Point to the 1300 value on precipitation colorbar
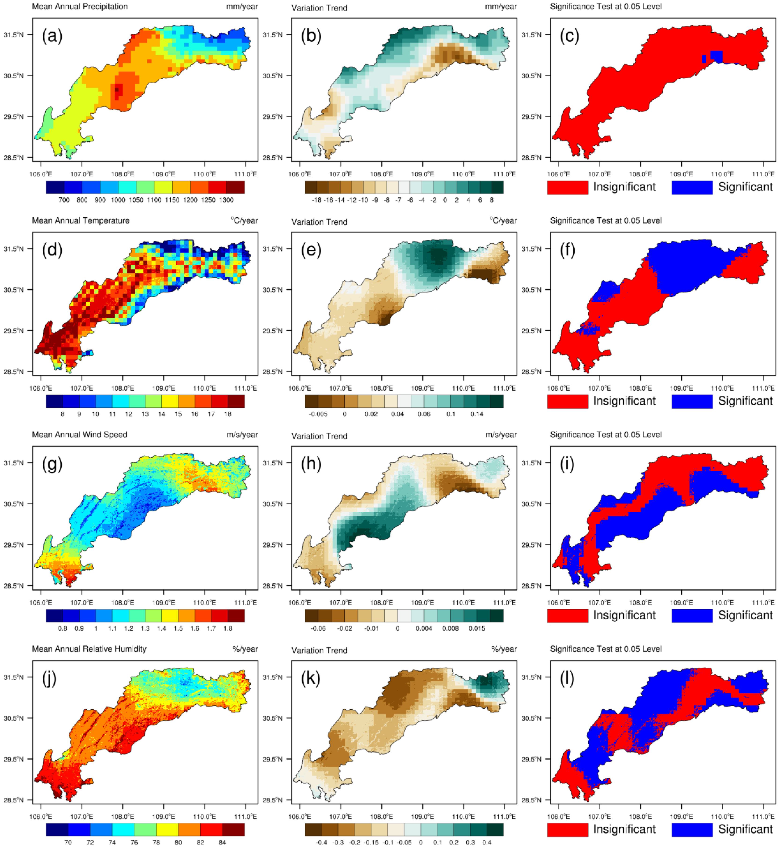pos(226,200)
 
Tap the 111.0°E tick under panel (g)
pos(245,602)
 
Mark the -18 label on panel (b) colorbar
pos(316,200)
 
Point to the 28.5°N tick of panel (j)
pos(14,800)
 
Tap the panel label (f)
pos(567,250)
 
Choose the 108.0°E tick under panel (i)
pos(640,602)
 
